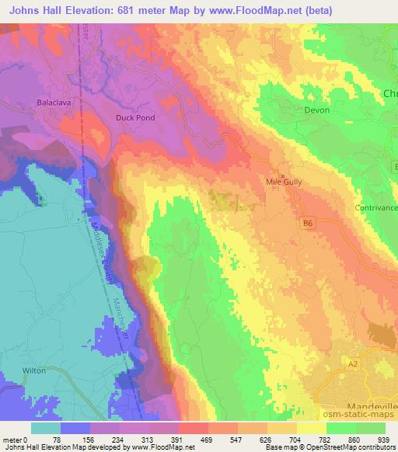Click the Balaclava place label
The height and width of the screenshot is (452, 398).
pos(54,102)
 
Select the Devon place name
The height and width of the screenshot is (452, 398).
pos(316,110)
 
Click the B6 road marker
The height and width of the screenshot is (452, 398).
pos(308,223)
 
